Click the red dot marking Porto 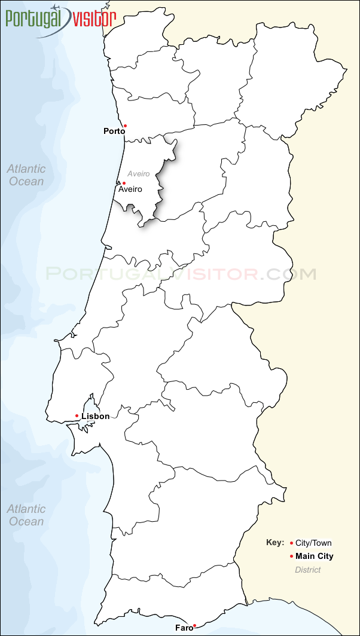124,126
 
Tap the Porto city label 114,131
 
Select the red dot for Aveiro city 124,183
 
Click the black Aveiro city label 130,189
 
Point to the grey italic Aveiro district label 138,174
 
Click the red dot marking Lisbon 77,415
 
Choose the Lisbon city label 96,416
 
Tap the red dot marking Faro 194,625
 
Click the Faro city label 184,628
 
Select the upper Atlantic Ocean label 26,175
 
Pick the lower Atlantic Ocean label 26,515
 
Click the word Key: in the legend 275,543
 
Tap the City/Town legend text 313,543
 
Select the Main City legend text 315,556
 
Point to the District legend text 308,570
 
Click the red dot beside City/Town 291,543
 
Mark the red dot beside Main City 291,556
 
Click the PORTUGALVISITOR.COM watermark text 181,274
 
